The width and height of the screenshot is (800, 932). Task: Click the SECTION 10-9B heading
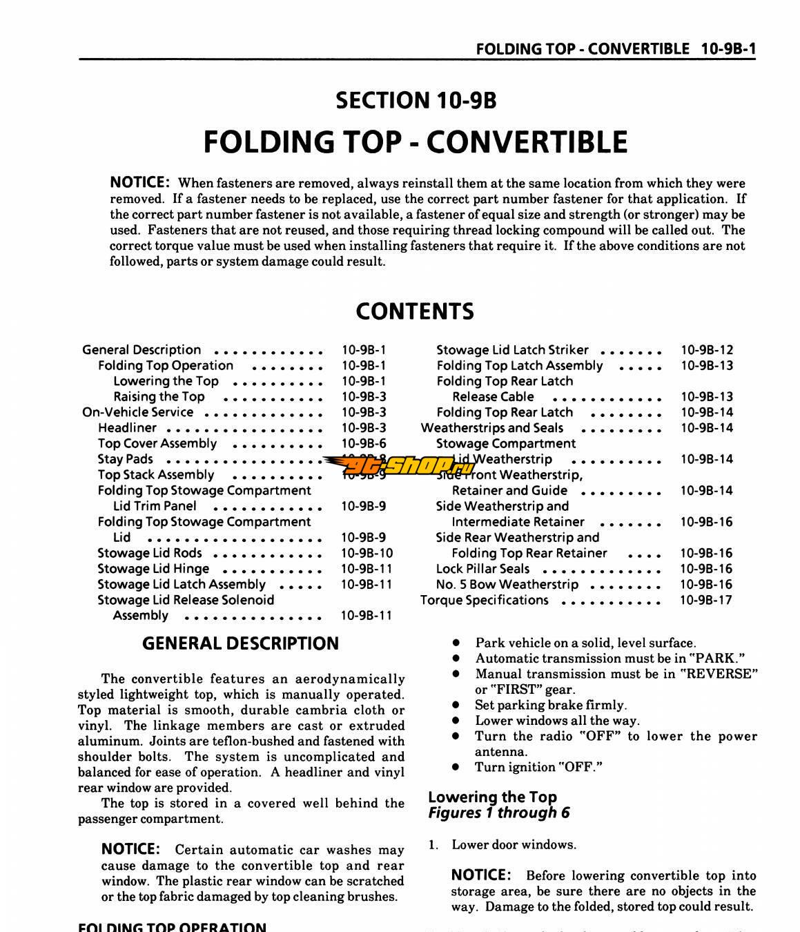pyautogui.click(x=416, y=101)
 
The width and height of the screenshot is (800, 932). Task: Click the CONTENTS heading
pyautogui.click(x=414, y=311)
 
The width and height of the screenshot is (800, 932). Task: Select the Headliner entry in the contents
pyautogui.click(x=127, y=428)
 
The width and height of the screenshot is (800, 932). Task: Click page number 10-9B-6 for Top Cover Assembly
pyautogui.click(x=364, y=444)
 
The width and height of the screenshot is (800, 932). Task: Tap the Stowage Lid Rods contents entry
pyautogui.click(x=150, y=553)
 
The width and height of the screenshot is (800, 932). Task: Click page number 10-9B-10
pyautogui.click(x=367, y=553)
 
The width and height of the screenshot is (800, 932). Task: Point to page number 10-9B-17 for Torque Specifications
pyautogui.click(x=705, y=600)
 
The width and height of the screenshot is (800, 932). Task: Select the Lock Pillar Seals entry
pyautogui.click(x=482, y=569)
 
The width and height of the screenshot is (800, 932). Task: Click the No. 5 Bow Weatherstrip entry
pyautogui.click(x=507, y=584)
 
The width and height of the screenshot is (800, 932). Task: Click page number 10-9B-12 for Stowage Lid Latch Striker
pyautogui.click(x=707, y=350)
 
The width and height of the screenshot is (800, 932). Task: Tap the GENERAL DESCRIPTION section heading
pyautogui.click(x=240, y=643)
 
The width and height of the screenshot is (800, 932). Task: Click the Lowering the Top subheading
pyautogui.click(x=492, y=797)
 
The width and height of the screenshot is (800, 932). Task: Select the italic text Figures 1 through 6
pyautogui.click(x=498, y=813)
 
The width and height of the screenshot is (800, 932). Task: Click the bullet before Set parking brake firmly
pyautogui.click(x=456, y=706)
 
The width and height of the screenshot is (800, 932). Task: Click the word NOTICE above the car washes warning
pyautogui.click(x=130, y=849)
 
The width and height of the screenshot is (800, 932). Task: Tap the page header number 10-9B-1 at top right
pyautogui.click(x=728, y=48)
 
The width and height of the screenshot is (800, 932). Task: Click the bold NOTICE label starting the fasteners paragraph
pyautogui.click(x=139, y=182)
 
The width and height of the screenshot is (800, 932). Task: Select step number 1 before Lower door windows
pyautogui.click(x=432, y=845)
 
